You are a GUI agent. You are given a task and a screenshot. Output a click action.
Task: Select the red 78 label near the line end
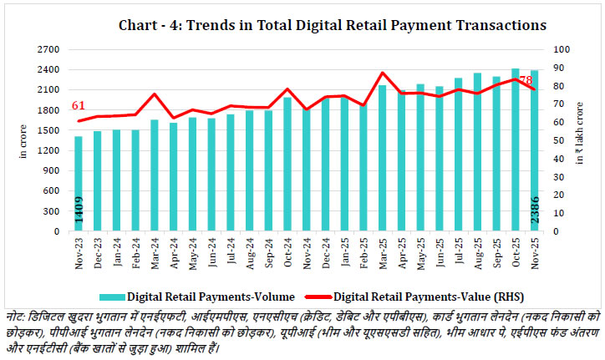526,80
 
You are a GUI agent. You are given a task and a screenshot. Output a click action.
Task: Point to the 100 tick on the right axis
557,49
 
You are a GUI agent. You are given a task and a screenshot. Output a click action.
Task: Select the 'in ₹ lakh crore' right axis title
582,139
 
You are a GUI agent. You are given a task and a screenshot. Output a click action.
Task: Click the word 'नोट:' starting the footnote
17,315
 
